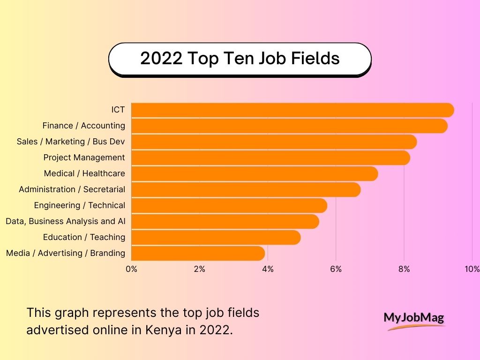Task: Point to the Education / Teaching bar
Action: [216, 238]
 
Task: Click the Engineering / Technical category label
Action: [80, 205]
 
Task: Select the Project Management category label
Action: [84, 157]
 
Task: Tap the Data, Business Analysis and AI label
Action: [66, 221]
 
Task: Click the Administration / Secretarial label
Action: [72, 189]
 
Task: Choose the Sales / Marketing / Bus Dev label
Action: [71, 142]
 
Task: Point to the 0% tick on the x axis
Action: [131, 269]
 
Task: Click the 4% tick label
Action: [268, 269]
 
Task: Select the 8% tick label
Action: [404, 269]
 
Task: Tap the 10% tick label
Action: [472, 269]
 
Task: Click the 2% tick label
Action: [200, 269]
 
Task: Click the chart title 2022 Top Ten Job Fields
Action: [240, 59]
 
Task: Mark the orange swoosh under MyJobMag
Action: [415, 327]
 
